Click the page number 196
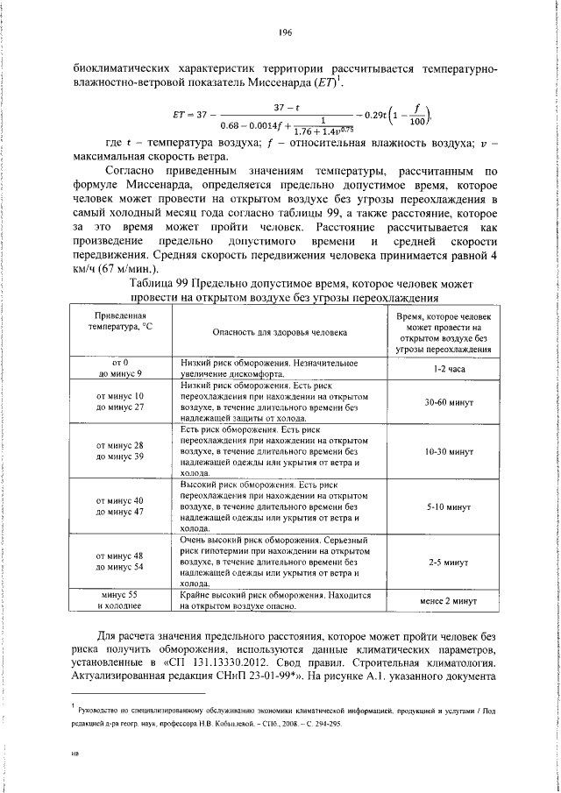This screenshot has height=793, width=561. (x=285, y=32)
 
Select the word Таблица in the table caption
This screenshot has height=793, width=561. (x=153, y=284)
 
